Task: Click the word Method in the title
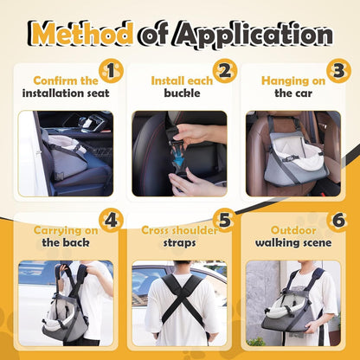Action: coord(81,35)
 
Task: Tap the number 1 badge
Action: coord(111,71)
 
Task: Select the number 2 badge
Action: coord(225,71)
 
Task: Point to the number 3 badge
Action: coord(338,71)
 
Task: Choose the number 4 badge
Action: coord(111,221)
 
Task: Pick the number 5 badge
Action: coord(225,221)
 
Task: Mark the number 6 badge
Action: coord(338,221)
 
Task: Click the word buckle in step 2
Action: coord(182,93)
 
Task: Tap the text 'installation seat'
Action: coord(66,93)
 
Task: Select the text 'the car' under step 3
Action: coord(293,93)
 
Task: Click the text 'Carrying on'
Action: coord(66,231)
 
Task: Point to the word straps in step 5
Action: coord(179,243)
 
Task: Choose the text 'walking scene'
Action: coord(293,243)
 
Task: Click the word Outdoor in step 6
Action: coord(293,230)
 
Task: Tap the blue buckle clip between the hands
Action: coord(178,156)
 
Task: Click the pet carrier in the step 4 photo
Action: coord(65,318)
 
